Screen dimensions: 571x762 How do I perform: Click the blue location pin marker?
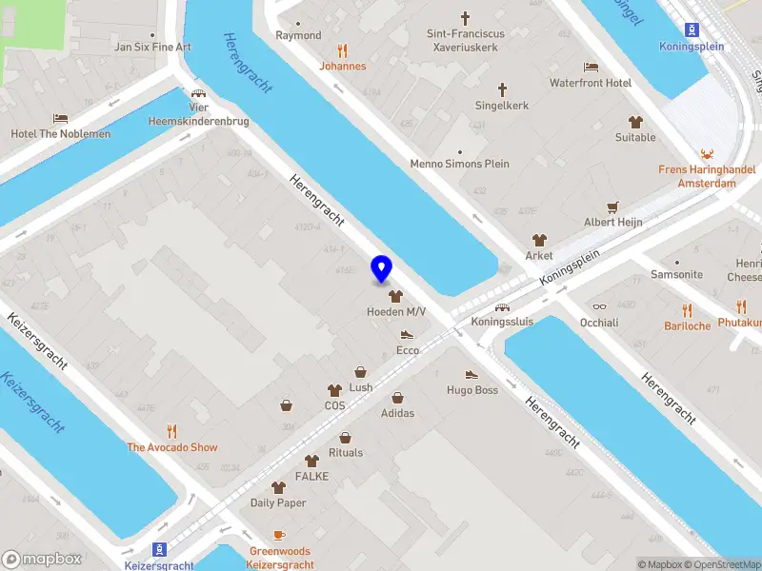coord(381,269)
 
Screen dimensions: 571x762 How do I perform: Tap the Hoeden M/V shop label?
coord(396,312)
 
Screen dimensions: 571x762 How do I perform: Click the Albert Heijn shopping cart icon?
coord(612,206)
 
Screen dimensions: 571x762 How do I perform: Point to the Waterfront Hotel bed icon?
coord(591,67)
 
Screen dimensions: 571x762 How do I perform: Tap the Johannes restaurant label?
coord(342,67)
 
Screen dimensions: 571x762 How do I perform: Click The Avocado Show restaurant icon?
coord(172,430)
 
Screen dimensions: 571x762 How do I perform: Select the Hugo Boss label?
coord(472,390)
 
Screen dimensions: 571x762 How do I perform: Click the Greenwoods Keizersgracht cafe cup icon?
coord(279,535)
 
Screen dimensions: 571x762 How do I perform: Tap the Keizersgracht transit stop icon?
coord(159,549)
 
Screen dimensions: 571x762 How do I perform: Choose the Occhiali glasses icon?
coord(599,306)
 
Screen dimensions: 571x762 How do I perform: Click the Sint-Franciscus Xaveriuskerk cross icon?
coord(465,18)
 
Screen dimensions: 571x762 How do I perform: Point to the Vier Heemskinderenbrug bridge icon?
coord(198,93)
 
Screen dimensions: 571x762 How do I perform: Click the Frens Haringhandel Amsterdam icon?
coord(707,154)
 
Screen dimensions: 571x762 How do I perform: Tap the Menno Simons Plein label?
coord(460,164)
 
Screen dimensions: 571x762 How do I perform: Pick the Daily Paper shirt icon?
coord(278,486)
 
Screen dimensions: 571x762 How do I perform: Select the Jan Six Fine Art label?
coord(152,47)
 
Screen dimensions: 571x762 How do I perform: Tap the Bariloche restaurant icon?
coord(687,309)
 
